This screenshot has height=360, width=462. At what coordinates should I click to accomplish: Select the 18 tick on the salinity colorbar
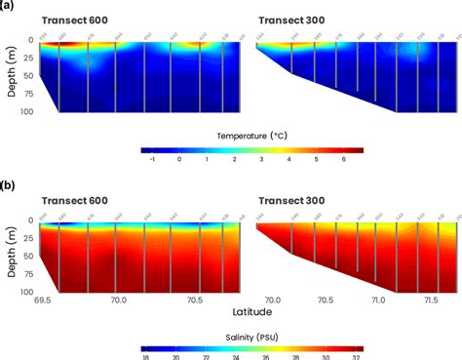click(145, 357)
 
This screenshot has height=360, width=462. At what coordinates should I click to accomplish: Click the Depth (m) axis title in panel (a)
click(8, 75)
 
